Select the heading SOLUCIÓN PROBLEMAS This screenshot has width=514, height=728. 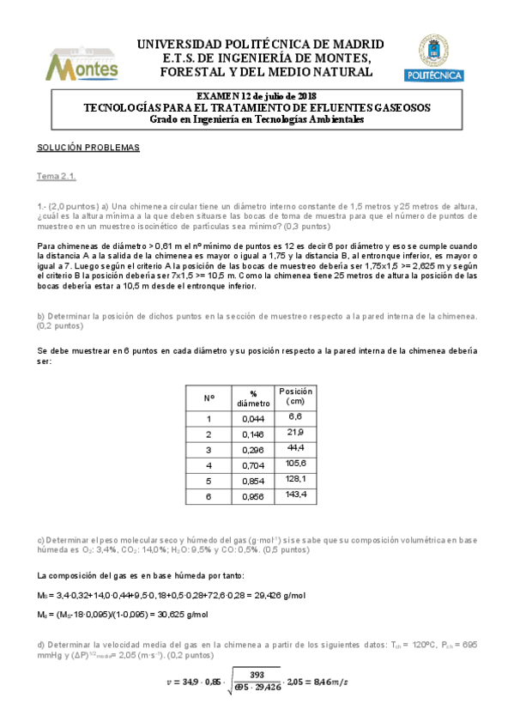[88, 147]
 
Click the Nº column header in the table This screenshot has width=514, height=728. [209, 398]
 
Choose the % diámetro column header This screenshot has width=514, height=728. [252, 398]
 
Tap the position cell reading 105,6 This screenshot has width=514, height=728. [296, 463]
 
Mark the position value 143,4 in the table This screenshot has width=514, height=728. [296, 494]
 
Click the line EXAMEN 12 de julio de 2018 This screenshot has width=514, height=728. [257, 95]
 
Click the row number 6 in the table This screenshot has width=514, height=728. [209, 495]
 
